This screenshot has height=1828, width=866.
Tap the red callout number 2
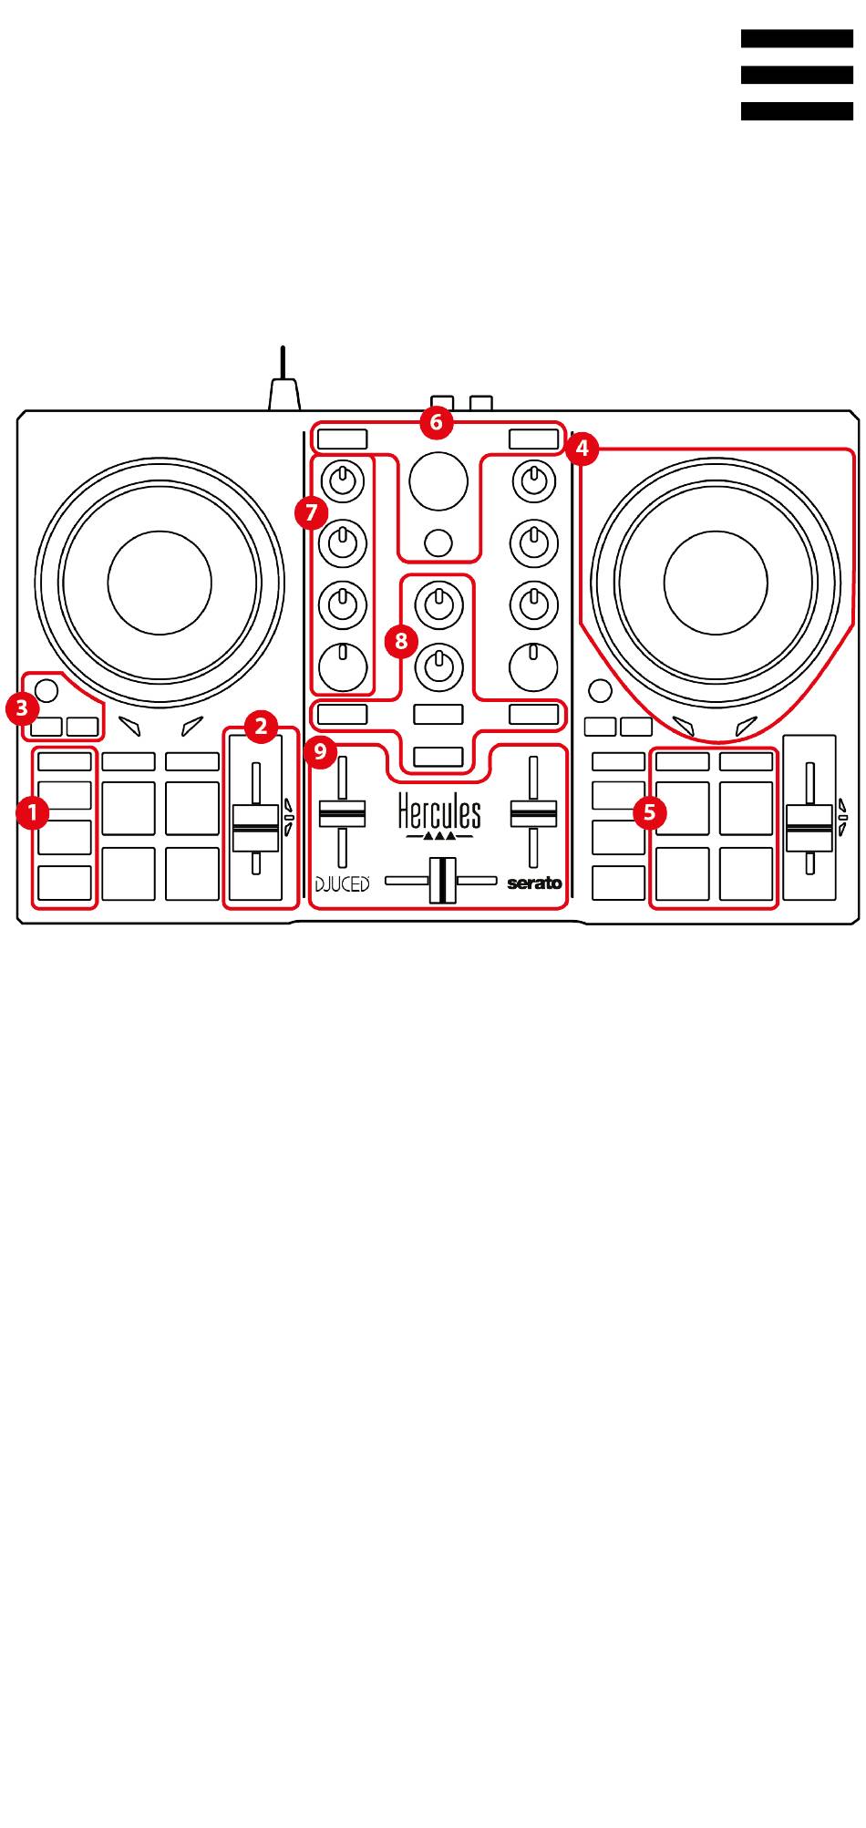tap(262, 727)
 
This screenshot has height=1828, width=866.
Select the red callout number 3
tap(21, 707)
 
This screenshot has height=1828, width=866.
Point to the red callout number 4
tap(582, 449)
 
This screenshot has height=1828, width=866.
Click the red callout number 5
tap(649, 811)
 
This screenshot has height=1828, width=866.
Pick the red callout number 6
tap(436, 422)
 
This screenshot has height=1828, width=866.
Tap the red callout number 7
tap(311, 512)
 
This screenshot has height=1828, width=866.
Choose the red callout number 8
tap(400, 640)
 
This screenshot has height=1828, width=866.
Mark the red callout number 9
tap(320, 752)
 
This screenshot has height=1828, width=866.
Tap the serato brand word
tap(535, 883)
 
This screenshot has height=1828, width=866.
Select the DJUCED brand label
tap(343, 883)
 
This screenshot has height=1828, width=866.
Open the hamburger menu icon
tap(797, 75)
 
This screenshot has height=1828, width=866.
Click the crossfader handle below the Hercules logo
tap(442, 880)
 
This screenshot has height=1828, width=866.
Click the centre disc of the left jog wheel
tap(160, 582)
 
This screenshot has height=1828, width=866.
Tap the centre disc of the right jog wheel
tap(716, 582)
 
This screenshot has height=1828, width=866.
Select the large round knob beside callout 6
tap(438, 480)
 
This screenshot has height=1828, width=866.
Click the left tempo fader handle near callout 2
tap(256, 828)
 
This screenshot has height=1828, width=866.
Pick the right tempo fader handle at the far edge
tap(809, 828)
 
